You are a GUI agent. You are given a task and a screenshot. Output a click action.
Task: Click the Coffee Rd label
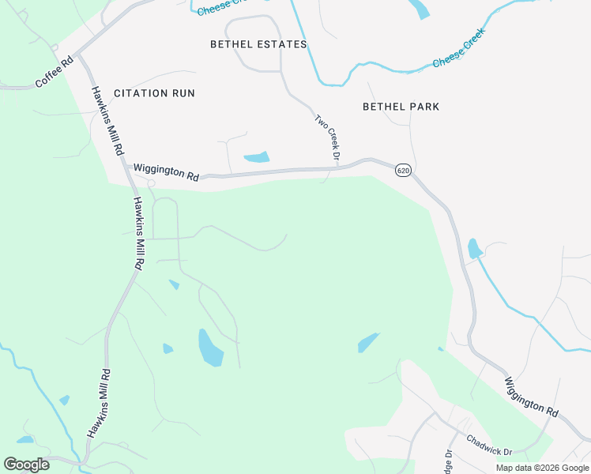(55, 72)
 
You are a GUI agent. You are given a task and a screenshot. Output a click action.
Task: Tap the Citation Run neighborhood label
(154, 93)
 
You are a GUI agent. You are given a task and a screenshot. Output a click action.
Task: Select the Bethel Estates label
(258, 44)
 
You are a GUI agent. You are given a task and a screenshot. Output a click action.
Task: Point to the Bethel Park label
(401, 107)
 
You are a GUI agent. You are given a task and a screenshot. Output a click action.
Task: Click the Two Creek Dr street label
(327, 133)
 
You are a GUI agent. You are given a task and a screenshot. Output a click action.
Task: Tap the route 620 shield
(403, 171)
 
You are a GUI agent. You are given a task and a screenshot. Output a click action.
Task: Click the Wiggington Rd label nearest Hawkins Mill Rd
(166, 171)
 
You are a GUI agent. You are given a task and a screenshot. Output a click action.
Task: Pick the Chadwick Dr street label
(489, 445)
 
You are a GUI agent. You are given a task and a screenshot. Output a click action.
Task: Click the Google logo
(26, 465)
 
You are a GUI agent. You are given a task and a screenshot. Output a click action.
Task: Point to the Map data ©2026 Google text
(543, 468)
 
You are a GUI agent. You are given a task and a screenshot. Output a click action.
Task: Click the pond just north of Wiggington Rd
(257, 157)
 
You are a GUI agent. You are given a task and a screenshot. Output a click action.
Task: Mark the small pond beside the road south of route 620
(474, 249)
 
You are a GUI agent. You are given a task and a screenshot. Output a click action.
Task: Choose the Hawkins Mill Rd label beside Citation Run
(107, 120)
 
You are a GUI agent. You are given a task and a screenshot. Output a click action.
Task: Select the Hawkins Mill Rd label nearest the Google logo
(99, 404)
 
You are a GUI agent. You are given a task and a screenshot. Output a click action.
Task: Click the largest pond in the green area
(210, 348)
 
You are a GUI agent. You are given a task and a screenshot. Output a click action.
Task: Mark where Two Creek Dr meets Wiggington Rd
(329, 168)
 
